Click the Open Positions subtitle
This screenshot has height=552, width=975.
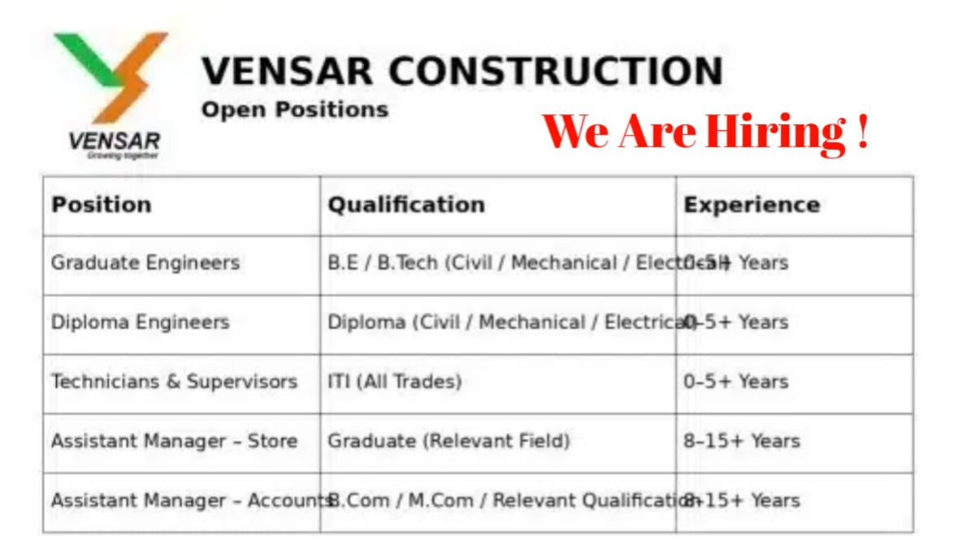(294, 110)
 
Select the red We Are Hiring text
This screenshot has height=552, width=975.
(705, 132)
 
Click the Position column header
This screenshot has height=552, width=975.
(101, 205)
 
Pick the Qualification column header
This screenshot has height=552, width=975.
(405, 205)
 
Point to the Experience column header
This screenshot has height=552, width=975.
(752, 205)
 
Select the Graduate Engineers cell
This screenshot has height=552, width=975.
(145, 263)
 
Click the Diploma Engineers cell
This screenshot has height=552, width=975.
(140, 322)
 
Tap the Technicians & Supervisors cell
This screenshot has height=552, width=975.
(174, 382)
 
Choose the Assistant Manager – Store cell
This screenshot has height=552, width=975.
(174, 441)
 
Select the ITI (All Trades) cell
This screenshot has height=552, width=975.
(394, 382)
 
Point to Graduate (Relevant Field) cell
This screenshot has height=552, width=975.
(448, 441)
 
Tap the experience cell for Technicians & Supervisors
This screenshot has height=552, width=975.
(735, 382)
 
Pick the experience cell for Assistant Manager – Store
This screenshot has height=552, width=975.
(741, 441)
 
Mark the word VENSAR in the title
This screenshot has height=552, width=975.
(288, 71)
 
